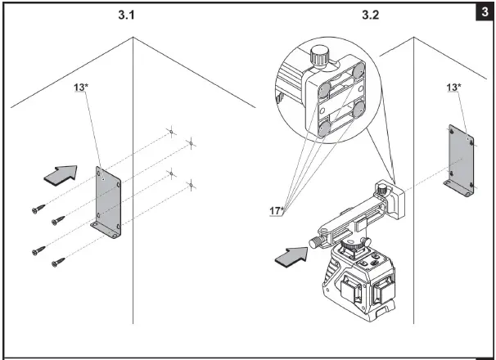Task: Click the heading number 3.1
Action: tap(130, 15)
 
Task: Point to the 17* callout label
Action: tap(277, 210)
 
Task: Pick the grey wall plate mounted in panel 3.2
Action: tap(459, 160)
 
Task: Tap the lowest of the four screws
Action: tap(58, 262)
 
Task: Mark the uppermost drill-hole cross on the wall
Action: tap(169, 132)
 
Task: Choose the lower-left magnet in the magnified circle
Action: tap(323, 126)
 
